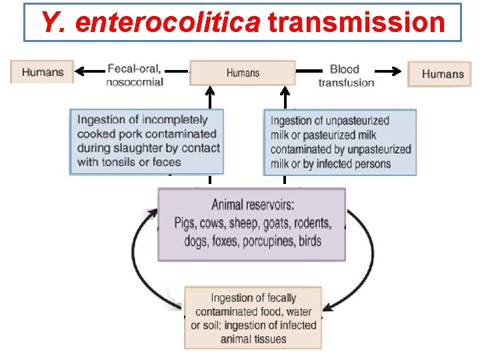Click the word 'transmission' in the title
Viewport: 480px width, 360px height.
tap(356, 22)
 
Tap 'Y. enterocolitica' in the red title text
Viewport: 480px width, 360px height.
tap(150, 22)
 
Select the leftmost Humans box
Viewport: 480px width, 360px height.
tap(42, 72)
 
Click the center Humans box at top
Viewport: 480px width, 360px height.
tap(243, 73)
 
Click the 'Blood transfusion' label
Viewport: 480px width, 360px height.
tap(345, 75)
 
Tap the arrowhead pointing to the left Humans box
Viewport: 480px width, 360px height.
tap(79, 70)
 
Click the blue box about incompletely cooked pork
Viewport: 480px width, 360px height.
tap(147, 141)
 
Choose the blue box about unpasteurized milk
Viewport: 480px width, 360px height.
tap(340, 143)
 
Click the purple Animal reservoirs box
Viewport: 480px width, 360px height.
tap(252, 224)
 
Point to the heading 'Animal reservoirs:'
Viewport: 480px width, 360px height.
tap(252, 204)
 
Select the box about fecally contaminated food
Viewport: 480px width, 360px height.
tap(253, 317)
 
